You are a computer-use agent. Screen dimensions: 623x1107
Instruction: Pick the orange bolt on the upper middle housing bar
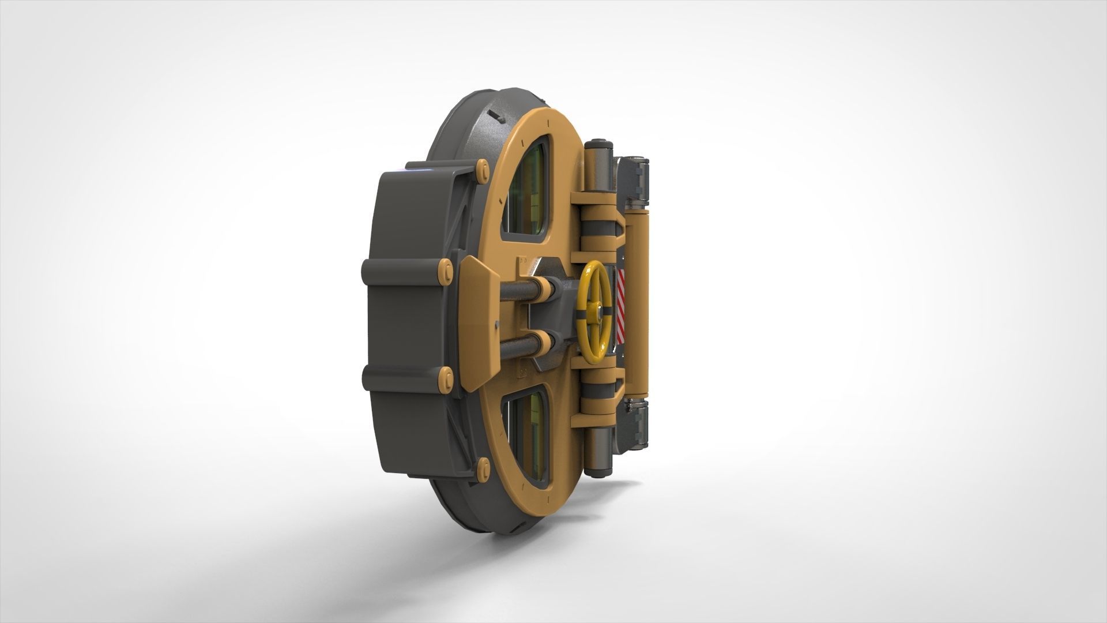pos(445,269)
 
